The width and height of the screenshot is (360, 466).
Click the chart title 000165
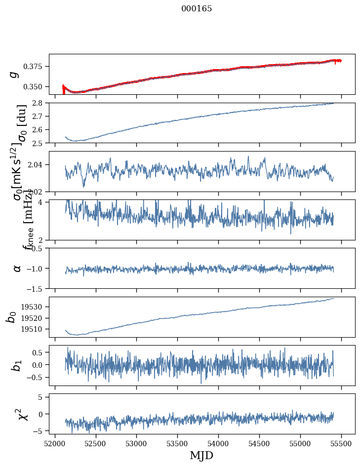click(x=197, y=9)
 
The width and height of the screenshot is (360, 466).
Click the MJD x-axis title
click(x=201, y=456)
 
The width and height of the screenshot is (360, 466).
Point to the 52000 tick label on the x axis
click(x=55, y=443)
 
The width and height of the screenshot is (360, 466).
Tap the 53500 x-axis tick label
click(x=178, y=443)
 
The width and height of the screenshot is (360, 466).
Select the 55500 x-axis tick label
click(x=342, y=443)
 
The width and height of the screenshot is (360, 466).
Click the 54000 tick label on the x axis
click(x=219, y=443)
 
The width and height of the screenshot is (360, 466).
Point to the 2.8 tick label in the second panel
click(x=40, y=103)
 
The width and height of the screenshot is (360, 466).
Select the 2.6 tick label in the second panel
click(x=40, y=130)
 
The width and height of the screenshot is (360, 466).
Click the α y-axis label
click(x=17, y=268)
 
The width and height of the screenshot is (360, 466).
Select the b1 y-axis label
click(x=17, y=365)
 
